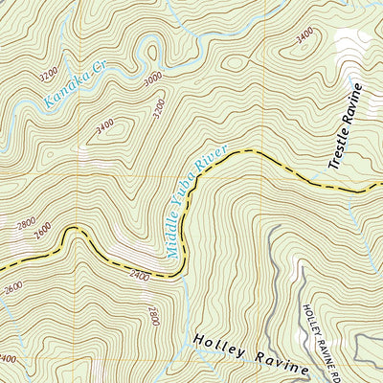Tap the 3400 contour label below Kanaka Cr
105,124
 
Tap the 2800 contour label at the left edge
26,225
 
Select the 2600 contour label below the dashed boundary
11,287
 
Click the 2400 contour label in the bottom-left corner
7,359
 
